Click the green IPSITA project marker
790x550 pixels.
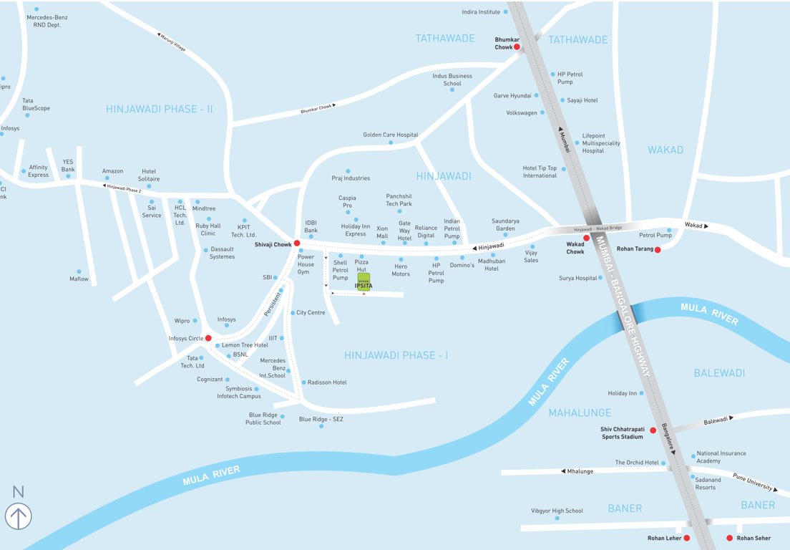pos(364,279)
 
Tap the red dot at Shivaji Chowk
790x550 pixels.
pos(297,243)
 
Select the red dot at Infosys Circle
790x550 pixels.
pos(208,338)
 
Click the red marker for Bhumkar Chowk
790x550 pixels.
pos(517,47)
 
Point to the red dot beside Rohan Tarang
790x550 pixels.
pos(657,249)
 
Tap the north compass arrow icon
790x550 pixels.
pos(18,516)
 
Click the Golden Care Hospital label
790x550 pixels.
pos(390,135)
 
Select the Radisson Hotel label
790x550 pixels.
pos(327,382)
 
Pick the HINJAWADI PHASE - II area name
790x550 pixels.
pos(160,109)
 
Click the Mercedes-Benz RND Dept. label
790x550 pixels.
pos(47,21)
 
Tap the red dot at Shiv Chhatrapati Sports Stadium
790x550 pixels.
pos(653,430)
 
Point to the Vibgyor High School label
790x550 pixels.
pos(557,511)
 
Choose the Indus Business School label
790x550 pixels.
pos(452,79)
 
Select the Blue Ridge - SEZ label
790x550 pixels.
pos(321,419)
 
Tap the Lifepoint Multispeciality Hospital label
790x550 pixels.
pos(601,143)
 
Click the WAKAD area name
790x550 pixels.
pos(665,150)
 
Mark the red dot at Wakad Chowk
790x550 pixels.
pos(586,238)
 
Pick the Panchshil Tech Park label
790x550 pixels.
pos(399,200)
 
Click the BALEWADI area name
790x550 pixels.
pos(719,372)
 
